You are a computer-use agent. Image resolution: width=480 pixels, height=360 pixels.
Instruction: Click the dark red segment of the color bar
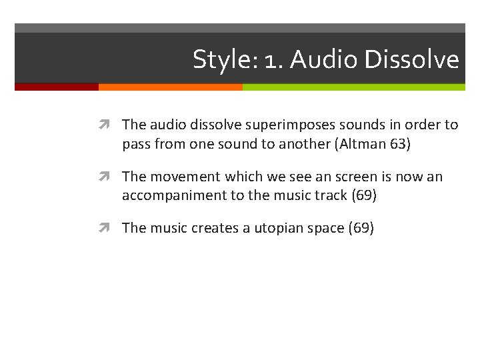coord(57,87)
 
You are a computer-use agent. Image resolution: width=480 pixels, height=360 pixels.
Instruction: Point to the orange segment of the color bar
coord(170,87)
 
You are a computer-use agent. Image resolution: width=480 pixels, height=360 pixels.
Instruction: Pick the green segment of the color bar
coord(353,87)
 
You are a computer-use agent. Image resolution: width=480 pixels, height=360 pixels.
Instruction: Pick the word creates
coord(213,228)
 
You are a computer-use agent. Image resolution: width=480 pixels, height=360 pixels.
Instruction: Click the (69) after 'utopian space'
coord(361,228)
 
